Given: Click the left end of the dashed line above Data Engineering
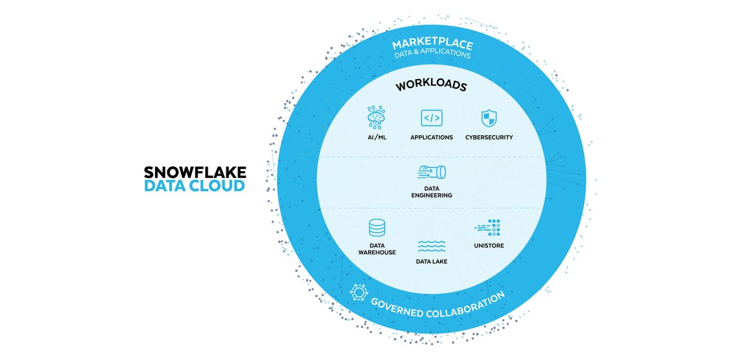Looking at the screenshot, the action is (320, 157).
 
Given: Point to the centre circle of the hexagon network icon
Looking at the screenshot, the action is (359, 292).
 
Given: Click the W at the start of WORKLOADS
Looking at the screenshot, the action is (401, 87).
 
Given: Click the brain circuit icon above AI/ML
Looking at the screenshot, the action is (377, 117).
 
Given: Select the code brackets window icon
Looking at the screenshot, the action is (432, 118).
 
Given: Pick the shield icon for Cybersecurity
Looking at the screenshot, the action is (488, 118).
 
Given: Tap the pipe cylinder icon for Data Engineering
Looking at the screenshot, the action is (432, 172).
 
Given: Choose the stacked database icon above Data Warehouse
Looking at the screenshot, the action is (377, 228).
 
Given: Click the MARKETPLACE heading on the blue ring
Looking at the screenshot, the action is (432, 44).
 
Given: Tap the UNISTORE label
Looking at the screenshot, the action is (489, 246).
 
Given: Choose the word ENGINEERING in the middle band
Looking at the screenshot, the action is (432, 195).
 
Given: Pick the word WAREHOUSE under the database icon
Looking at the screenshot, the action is (377, 252).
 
